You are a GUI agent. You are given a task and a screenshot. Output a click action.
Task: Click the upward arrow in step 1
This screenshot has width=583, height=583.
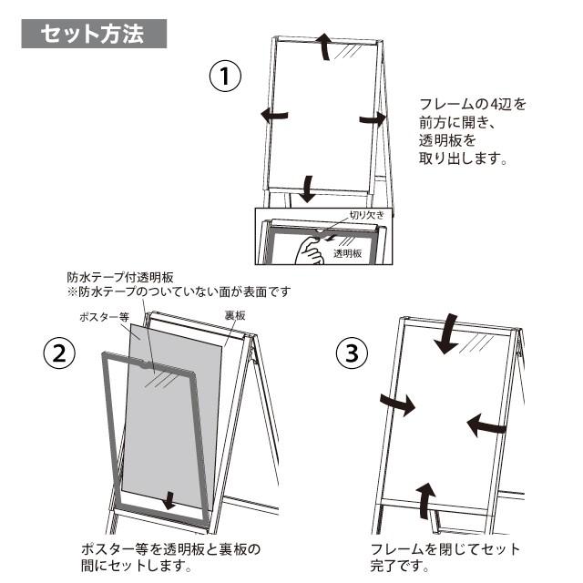coord(324,45)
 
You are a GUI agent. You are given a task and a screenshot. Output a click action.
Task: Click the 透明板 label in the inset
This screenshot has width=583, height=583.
coord(347,253)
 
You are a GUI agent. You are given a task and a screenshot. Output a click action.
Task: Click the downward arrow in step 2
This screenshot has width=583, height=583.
coord(168,501)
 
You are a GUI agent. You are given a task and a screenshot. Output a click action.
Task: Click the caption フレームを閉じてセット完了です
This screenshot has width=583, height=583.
coord(445,557)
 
